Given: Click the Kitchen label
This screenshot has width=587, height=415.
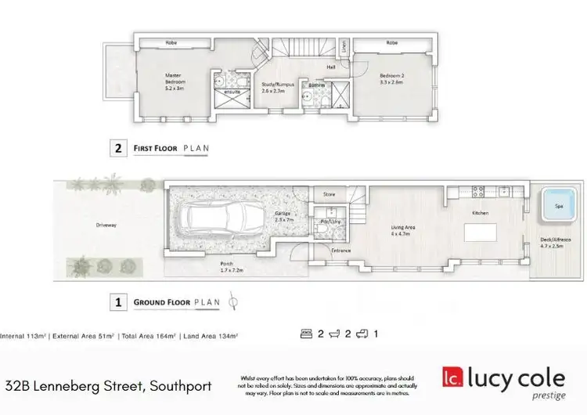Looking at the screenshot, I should [x=481, y=212].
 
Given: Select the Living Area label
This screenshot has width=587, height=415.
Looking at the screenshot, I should [x=403, y=230].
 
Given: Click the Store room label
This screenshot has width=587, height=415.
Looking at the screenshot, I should [x=329, y=193].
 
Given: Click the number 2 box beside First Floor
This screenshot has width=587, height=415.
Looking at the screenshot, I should [x=117, y=146].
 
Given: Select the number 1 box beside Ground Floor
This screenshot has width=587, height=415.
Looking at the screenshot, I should [x=117, y=301].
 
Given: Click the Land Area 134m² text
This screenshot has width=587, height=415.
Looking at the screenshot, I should [x=209, y=335].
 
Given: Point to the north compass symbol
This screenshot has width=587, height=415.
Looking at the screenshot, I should [x=232, y=301].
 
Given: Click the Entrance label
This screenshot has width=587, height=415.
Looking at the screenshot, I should [x=341, y=251].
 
